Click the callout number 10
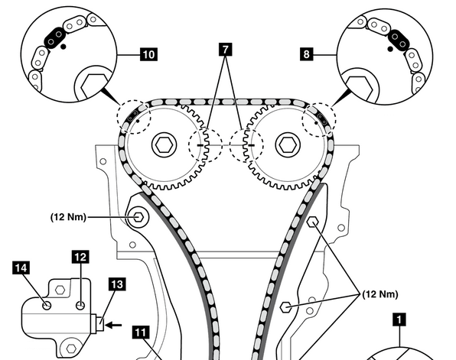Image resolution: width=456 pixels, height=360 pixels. pyautogui.click(x=148, y=54)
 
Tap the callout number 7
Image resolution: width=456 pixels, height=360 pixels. pyautogui.click(x=226, y=49)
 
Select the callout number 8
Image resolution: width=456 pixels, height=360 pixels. pyautogui.click(x=307, y=54)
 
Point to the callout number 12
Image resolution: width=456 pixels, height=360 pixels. pyautogui.click(x=80, y=257)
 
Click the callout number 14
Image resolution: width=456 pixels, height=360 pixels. pyautogui.click(x=21, y=268)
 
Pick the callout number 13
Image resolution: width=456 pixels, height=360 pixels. pyautogui.click(x=117, y=284)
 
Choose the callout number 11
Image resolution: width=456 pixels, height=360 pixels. pyautogui.click(x=141, y=332)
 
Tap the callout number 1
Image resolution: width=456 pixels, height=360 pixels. pyautogui.click(x=399, y=319)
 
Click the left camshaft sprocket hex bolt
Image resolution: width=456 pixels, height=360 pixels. pyautogui.click(x=164, y=144)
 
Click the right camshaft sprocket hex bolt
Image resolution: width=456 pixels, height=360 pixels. pyautogui.click(x=288, y=144)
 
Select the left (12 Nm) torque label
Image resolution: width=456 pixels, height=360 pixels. pyautogui.click(x=69, y=217)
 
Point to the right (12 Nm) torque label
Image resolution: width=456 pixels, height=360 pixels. pyautogui.click(x=380, y=294)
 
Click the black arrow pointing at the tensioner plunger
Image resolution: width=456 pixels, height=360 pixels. pyautogui.click(x=113, y=325)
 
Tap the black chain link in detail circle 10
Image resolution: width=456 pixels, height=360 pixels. pyautogui.click(x=54, y=37)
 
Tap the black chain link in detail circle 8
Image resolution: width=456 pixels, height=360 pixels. pyautogui.click(x=399, y=40)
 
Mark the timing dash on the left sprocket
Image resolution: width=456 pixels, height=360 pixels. pyautogui.click(x=200, y=144)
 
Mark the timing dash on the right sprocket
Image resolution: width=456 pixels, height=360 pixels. pyautogui.click(x=251, y=145)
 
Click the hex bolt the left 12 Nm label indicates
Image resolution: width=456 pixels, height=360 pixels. pyautogui.click(x=138, y=217)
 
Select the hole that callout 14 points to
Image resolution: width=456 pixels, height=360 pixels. pyautogui.click(x=47, y=306)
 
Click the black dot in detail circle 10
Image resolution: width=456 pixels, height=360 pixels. pyautogui.click(x=64, y=46)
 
